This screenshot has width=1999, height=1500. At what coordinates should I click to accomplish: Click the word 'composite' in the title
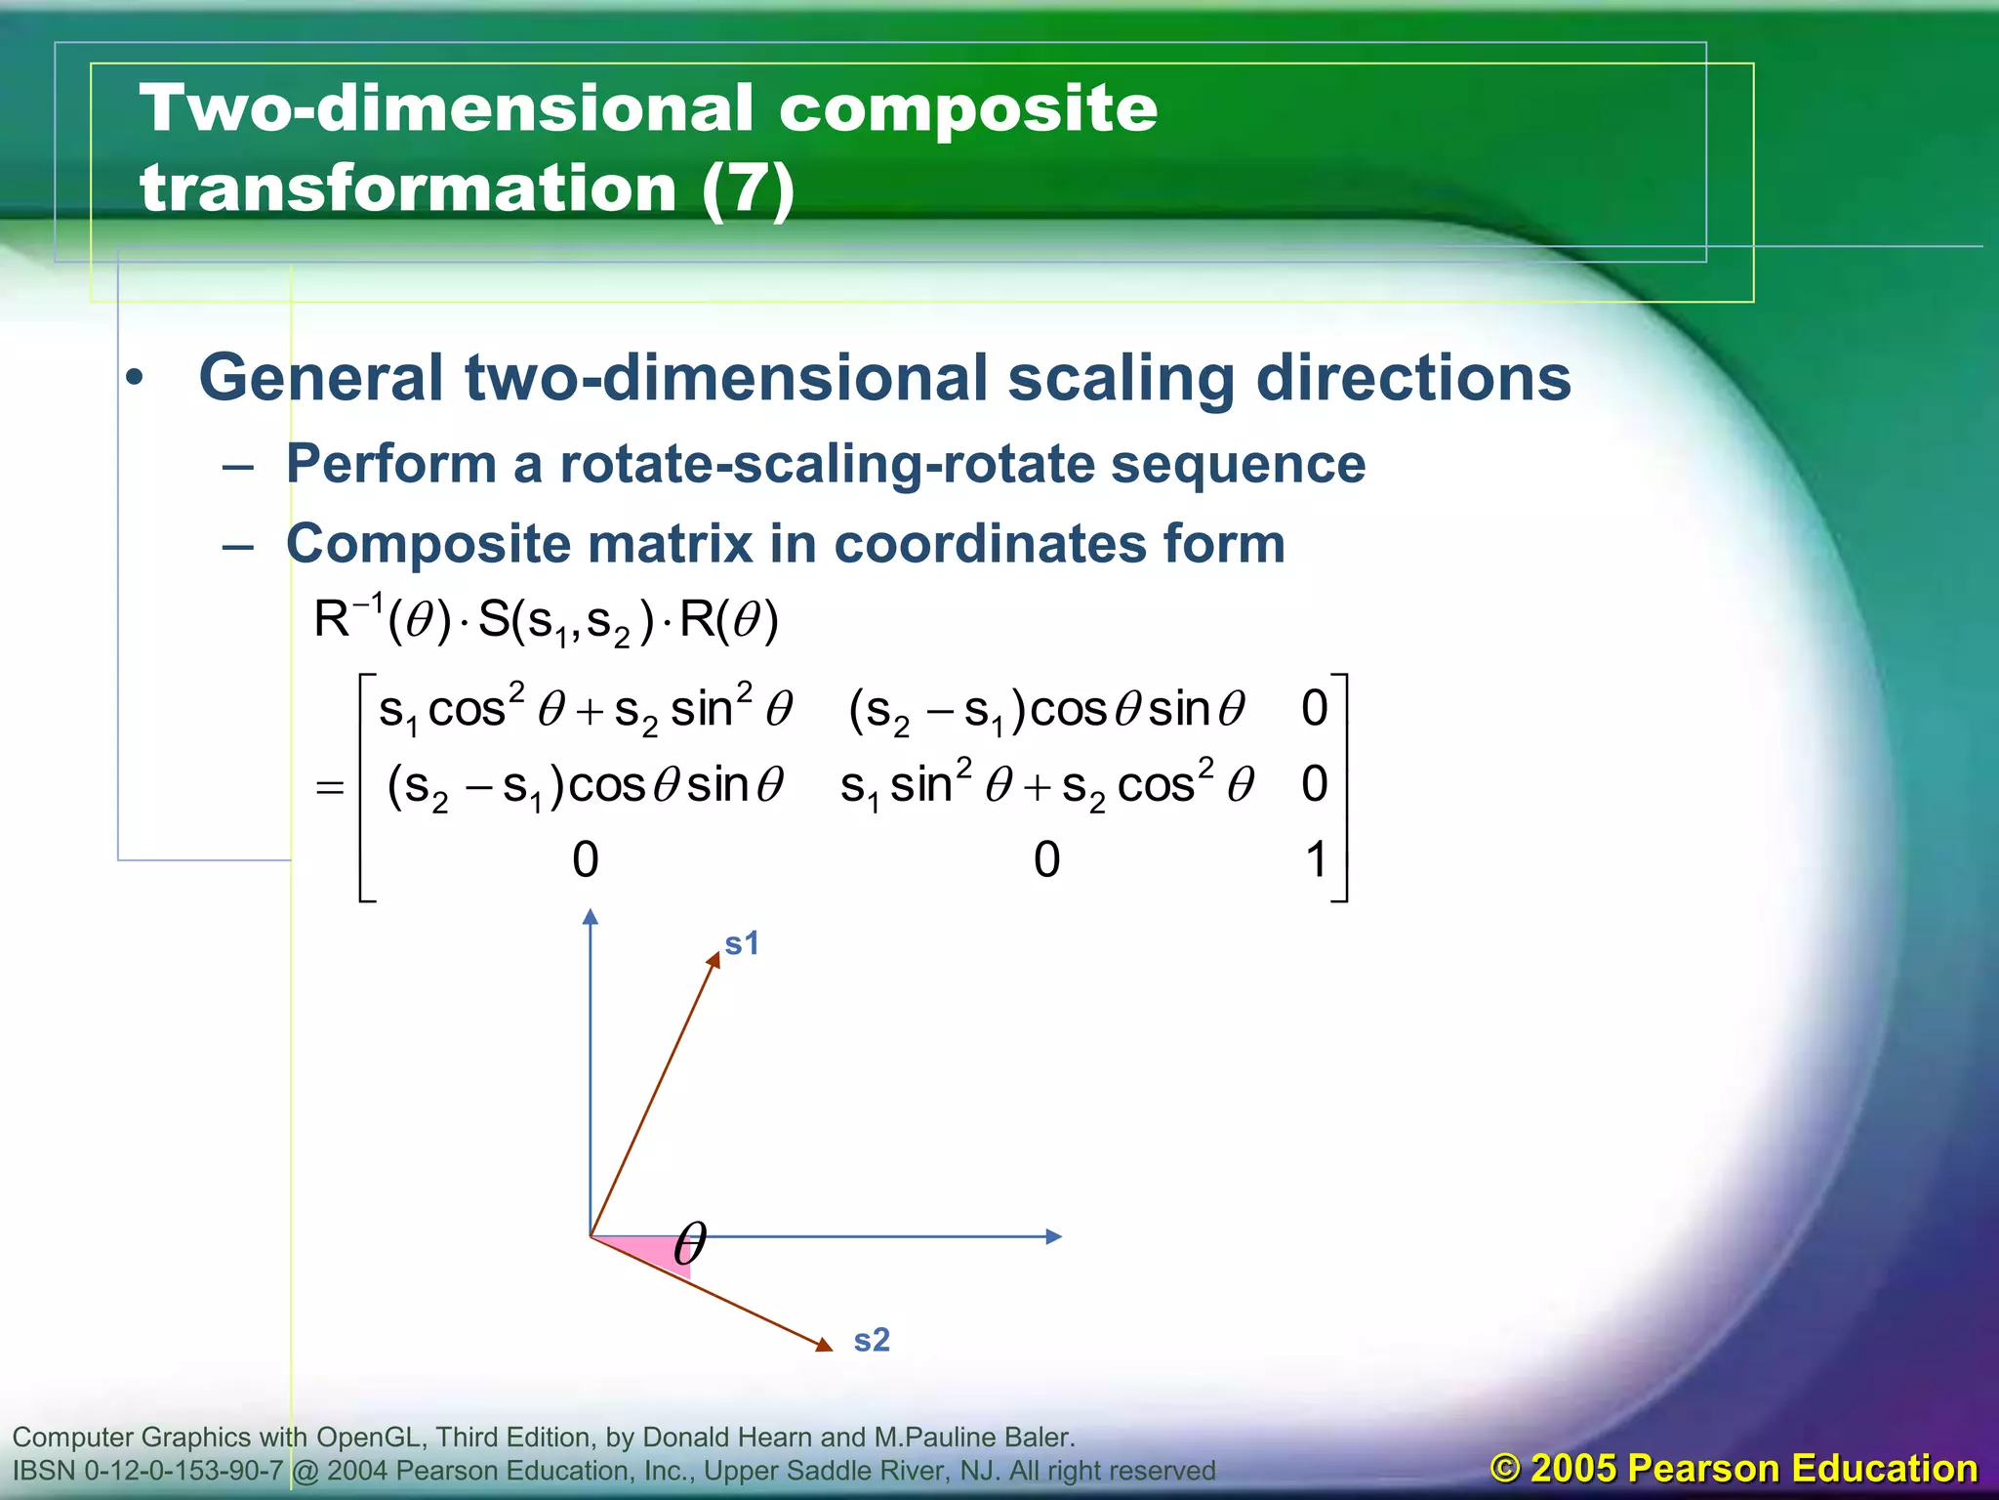pyautogui.click(x=967, y=109)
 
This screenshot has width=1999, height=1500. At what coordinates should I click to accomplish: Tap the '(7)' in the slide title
pyautogui.click(x=747, y=187)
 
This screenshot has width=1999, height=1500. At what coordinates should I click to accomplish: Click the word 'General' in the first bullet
pyautogui.click(x=321, y=378)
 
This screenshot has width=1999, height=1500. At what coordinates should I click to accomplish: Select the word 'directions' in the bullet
pyautogui.click(x=1412, y=378)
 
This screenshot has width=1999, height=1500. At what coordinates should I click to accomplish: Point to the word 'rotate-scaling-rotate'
pyautogui.click(x=826, y=463)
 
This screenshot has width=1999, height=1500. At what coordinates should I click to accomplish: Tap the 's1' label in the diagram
pyautogui.click(x=741, y=943)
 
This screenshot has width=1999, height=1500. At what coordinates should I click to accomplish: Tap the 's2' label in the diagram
pyautogui.click(x=872, y=1340)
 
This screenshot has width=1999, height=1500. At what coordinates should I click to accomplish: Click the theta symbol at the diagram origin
pyautogui.click(x=690, y=1243)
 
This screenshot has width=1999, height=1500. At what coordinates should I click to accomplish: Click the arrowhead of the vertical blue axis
pyautogui.click(x=590, y=917)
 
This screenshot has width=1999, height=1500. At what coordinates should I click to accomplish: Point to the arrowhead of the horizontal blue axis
pyautogui.click(x=1053, y=1236)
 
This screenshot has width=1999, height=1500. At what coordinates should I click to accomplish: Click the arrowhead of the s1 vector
pyautogui.click(x=714, y=959)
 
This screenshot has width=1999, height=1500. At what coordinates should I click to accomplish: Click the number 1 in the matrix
pyautogui.click(x=1316, y=860)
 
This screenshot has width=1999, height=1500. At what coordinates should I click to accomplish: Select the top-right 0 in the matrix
pyautogui.click(x=1315, y=708)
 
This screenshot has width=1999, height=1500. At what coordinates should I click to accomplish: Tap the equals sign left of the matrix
pyautogui.click(x=330, y=787)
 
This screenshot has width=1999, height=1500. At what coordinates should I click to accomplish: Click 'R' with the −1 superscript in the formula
pyautogui.click(x=332, y=619)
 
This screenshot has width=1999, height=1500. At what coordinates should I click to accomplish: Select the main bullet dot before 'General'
pyautogui.click(x=136, y=378)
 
